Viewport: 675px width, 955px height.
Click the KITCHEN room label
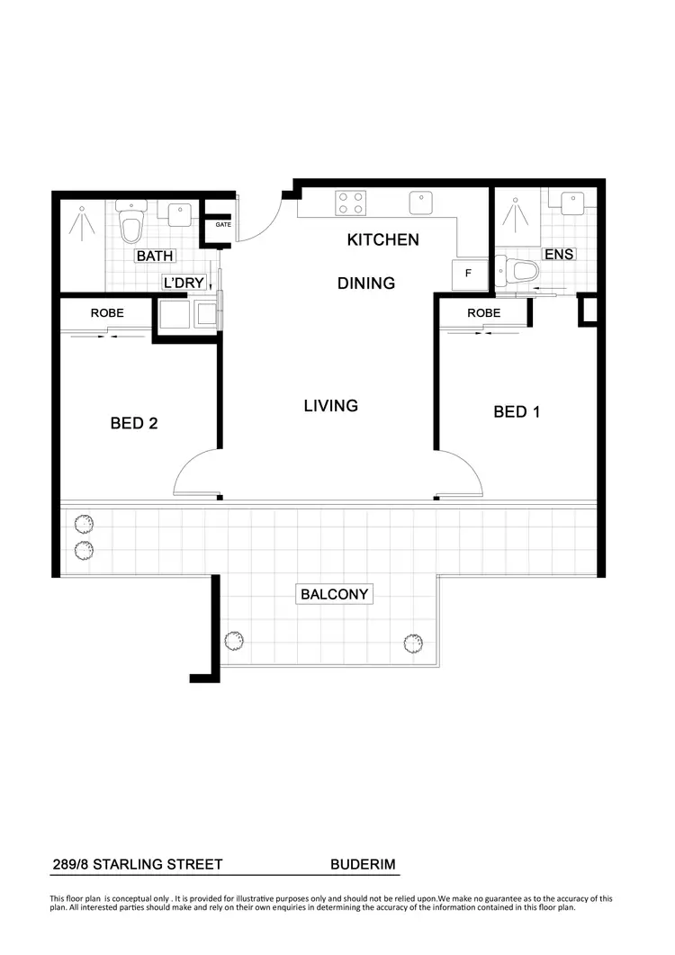383,240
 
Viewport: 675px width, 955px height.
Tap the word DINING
366,284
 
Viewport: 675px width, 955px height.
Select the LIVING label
330,406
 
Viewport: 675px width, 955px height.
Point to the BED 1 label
517,412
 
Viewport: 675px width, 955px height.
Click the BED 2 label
134,423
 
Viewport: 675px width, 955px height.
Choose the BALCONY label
336,595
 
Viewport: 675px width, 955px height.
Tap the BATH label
155,257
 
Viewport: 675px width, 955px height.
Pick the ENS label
559,255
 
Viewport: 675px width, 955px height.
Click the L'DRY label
183,283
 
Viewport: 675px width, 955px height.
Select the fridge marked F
468,273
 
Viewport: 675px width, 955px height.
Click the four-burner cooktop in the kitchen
350,203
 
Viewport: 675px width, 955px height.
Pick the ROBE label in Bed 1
483,313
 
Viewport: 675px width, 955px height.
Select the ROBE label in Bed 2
107,313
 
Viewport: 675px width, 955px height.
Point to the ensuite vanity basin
573,202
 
